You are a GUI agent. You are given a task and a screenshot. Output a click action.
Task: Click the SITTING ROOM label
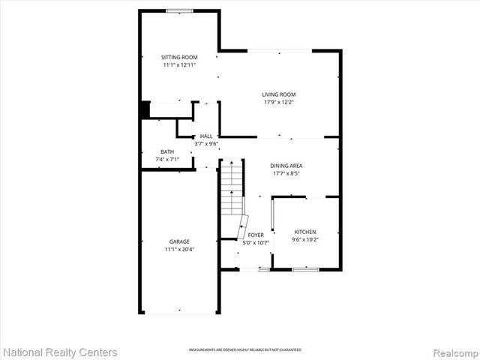[x=178, y=57]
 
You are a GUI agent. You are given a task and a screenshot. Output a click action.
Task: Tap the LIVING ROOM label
[x=279, y=94]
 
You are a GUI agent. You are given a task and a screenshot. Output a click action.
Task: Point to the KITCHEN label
[x=305, y=232]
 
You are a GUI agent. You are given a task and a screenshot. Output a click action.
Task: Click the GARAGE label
[x=178, y=241]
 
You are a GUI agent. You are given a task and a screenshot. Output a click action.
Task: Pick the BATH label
[x=166, y=151]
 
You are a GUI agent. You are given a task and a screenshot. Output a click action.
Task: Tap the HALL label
[x=205, y=136]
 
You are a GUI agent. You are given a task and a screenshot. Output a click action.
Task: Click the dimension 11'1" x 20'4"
[x=178, y=249]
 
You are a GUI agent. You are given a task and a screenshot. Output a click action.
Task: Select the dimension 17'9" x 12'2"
[x=279, y=102]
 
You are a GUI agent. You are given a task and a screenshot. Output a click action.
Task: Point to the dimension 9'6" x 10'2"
[x=305, y=240]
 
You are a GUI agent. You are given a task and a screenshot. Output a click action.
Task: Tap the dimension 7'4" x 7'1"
[x=166, y=159]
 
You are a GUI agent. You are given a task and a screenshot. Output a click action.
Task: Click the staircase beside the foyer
[x=232, y=187]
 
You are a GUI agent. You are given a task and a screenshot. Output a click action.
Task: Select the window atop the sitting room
[x=178, y=10]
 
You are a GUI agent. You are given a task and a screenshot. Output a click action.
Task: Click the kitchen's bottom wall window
[x=305, y=268]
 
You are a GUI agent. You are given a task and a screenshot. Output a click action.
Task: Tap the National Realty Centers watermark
[x=60, y=352]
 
